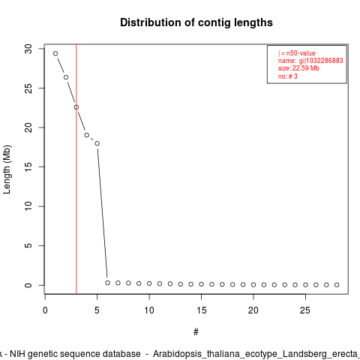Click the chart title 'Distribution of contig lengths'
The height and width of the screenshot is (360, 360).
click(196, 22)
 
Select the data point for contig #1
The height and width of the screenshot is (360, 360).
click(55, 53)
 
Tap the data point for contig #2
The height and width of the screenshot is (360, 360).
click(66, 77)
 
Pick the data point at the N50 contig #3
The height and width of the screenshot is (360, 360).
click(76, 107)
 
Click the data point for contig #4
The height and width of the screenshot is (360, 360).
click(87, 135)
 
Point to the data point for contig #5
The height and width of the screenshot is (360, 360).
click(97, 143)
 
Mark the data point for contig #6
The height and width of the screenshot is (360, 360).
click(107, 283)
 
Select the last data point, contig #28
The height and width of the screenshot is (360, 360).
click(337, 285)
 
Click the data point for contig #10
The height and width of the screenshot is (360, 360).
click(149, 283)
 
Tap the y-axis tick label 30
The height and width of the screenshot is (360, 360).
click(28, 49)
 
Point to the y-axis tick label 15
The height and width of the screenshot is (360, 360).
click(28, 166)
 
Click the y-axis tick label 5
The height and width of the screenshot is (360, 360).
click(28, 246)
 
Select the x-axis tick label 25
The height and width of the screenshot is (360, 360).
click(305, 310)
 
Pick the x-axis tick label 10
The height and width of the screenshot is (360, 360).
click(149, 310)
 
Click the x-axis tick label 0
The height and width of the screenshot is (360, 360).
click(45, 310)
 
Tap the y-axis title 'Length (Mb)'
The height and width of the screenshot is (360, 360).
click(7, 169)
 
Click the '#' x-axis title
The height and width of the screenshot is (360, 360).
click(196, 332)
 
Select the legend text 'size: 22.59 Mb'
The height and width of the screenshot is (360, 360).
click(298, 68)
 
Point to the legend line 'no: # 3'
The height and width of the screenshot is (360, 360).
click(288, 76)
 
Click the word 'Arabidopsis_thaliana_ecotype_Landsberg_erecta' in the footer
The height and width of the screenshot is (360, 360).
click(256, 354)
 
